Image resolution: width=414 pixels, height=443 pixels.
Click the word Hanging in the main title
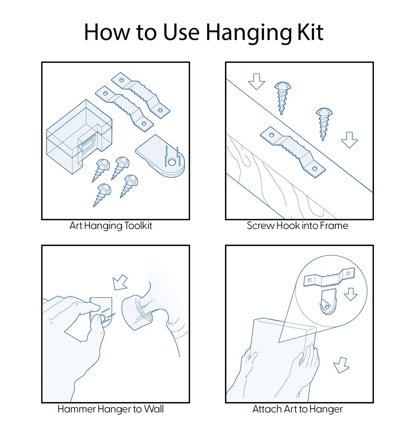pyautogui.click(x=248, y=33)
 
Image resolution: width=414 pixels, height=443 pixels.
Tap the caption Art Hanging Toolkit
pyautogui.click(x=111, y=226)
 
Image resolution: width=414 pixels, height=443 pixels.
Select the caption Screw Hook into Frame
pyautogui.click(x=297, y=226)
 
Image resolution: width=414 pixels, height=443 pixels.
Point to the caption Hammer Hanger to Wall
pyautogui.click(x=111, y=409)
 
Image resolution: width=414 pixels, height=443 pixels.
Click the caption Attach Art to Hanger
pyautogui.click(x=297, y=409)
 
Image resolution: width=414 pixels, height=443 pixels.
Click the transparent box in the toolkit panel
pyautogui.click(x=79, y=136)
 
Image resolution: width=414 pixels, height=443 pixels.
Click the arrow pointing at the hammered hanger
pyautogui.click(x=120, y=282)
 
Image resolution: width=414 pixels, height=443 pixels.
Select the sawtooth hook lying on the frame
pyautogui.click(x=293, y=152)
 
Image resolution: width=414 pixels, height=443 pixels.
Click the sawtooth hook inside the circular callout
pyautogui.click(x=329, y=277)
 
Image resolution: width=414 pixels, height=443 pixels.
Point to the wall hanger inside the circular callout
pyautogui.click(x=328, y=301)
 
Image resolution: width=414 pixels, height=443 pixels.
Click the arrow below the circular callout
pyautogui.click(x=342, y=365)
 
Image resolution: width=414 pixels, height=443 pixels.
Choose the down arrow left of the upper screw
pyautogui.click(x=256, y=82)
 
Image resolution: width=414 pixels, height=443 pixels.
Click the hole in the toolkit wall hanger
pyautogui.click(x=172, y=162)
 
